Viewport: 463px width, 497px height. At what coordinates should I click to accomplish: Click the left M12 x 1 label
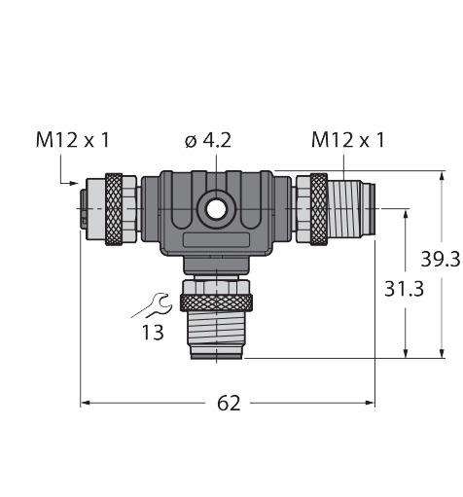pyautogui.click(x=72, y=140)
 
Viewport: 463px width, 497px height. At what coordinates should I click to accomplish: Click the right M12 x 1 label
pyautogui.click(x=347, y=140)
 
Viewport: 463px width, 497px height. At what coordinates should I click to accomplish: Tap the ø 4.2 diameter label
pyautogui.click(x=207, y=140)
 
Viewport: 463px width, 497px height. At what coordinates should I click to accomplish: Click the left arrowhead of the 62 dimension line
pyautogui.click(x=86, y=402)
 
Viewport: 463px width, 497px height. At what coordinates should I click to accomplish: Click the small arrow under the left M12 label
pyautogui.click(x=71, y=182)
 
